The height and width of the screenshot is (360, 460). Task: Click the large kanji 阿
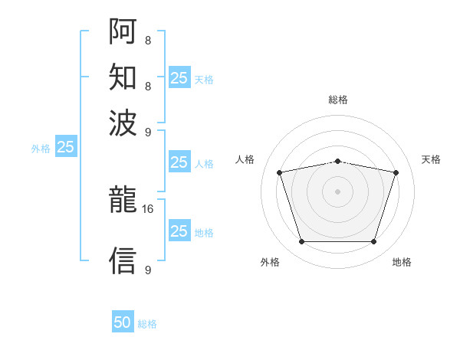[123, 31]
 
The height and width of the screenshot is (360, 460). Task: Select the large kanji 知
[123, 77]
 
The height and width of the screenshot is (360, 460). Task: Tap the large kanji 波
[123, 123]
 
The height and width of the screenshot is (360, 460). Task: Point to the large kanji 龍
[123, 199]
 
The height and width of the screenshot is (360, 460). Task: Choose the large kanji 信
[123, 260]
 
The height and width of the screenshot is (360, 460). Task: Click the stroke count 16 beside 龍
[147, 209]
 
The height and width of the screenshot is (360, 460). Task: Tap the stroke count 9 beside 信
[148, 270]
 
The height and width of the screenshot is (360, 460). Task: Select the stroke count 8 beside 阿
[148, 40]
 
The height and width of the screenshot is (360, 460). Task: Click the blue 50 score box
[123, 321]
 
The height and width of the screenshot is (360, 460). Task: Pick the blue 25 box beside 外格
[66, 146]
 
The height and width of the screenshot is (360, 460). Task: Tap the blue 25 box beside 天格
[179, 77]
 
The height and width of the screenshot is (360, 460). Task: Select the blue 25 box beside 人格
[179, 162]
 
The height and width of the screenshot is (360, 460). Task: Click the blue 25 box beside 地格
[179, 230]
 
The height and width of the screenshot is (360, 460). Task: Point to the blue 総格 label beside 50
[147, 324]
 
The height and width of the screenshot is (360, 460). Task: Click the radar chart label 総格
[338, 100]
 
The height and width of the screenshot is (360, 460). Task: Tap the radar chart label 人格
[245, 159]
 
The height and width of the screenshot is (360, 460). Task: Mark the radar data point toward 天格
[396, 172]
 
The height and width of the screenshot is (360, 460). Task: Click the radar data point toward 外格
[302, 241]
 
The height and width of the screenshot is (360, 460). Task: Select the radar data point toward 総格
[338, 162]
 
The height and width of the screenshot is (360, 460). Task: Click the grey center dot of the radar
[337, 191]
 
